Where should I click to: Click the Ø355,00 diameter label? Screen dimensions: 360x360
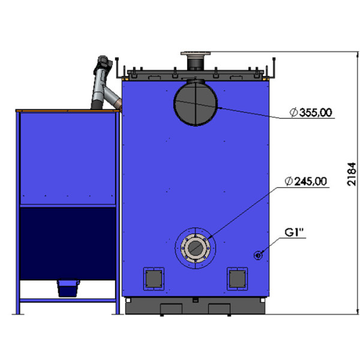point(311,113)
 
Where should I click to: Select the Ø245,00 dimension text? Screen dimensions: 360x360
point(305,181)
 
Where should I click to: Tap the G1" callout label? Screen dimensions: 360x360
point(294,232)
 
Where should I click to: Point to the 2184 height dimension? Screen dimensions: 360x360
point(351,174)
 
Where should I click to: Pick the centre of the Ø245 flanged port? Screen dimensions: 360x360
point(195,248)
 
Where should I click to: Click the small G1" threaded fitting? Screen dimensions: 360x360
point(258,256)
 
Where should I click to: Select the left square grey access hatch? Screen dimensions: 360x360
point(154,279)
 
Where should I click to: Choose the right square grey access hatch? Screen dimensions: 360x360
point(238,279)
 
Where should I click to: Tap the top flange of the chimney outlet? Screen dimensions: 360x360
point(196,53)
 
